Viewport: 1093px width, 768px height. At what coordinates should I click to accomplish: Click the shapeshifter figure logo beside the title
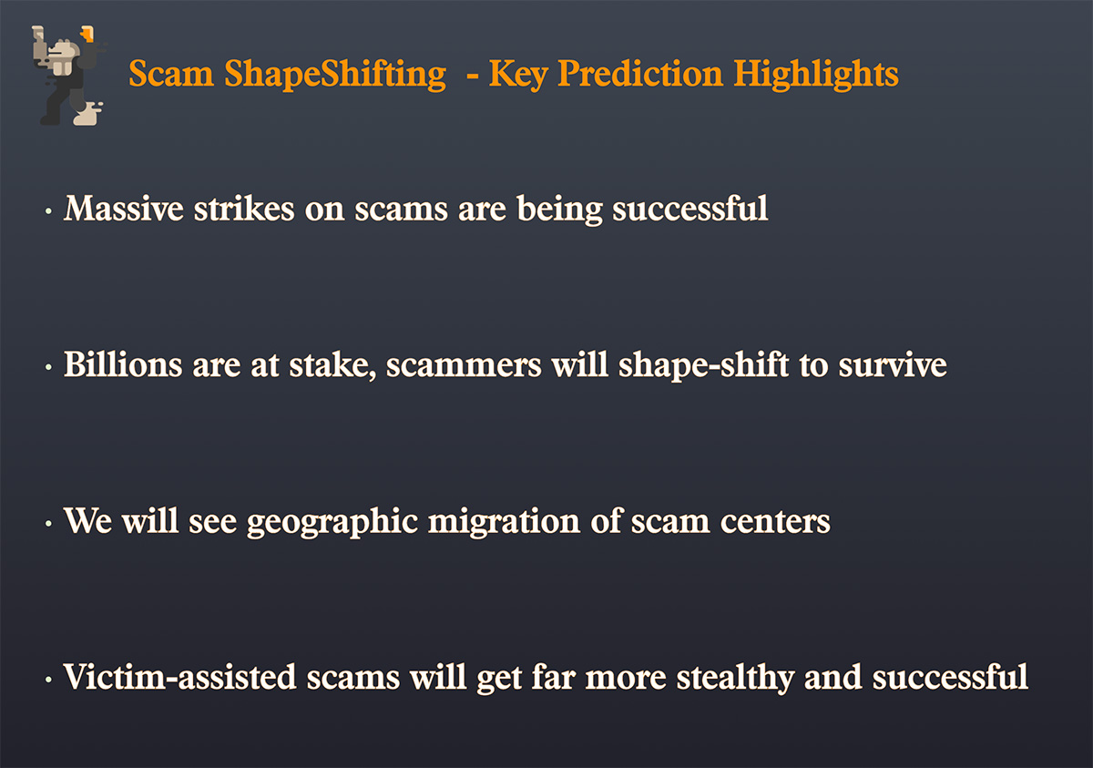(69, 76)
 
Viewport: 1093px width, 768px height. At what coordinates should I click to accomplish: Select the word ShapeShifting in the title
(335, 75)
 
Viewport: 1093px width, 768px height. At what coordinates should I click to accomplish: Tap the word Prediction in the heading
(639, 74)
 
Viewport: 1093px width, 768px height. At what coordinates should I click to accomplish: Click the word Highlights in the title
(816, 75)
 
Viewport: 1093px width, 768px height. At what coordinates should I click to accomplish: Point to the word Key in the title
(518, 75)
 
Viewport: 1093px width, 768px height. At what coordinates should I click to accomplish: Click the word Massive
(124, 209)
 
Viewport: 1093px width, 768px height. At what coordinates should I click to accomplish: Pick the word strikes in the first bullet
(244, 209)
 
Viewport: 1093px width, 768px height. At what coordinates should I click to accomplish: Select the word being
(559, 210)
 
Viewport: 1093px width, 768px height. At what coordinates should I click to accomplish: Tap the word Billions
(123, 364)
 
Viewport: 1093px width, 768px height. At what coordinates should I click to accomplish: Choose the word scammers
(464, 366)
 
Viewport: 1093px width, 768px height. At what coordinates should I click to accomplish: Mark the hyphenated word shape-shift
(703, 366)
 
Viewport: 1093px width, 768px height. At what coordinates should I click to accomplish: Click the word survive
(893, 364)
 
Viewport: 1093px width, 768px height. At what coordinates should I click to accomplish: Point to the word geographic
(332, 522)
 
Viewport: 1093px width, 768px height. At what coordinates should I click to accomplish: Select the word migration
(505, 522)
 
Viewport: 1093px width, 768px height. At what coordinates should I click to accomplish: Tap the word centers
(775, 522)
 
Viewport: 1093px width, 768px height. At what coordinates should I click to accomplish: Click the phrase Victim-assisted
(179, 677)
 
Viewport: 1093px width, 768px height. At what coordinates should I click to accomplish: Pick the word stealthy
(735, 678)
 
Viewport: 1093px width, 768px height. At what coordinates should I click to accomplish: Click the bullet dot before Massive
(48, 211)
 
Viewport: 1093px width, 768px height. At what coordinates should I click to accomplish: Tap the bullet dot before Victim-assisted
(48, 680)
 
